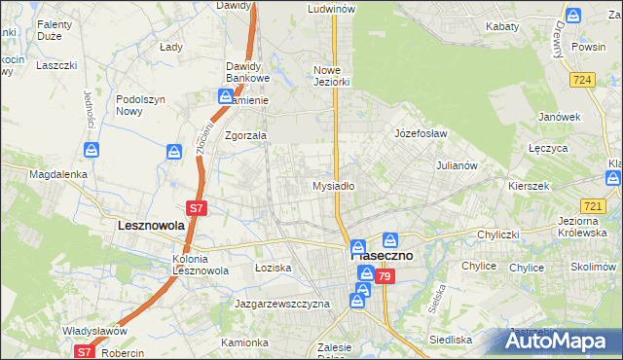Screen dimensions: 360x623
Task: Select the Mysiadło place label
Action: [x=333, y=186]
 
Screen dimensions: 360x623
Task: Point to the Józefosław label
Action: [x=421, y=132]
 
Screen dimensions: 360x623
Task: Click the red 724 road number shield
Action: [x=584, y=80]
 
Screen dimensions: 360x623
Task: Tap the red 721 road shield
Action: [x=592, y=205]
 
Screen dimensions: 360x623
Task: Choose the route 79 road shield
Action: [x=385, y=278]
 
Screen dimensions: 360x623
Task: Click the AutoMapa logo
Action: [x=563, y=342]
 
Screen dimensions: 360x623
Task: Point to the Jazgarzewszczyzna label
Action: [x=282, y=304]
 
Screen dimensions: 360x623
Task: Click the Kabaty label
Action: [x=501, y=26]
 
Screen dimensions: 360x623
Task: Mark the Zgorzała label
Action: [x=245, y=136]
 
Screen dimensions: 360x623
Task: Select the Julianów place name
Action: [x=456, y=165]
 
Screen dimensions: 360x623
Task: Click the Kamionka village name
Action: [x=243, y=342]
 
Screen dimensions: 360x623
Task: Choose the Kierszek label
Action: [x=530, y=185]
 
